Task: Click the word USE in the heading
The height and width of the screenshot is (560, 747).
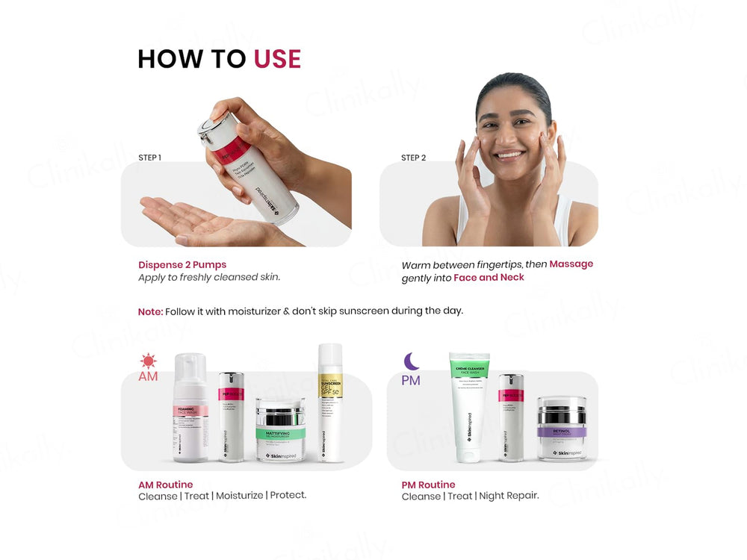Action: point(277,59)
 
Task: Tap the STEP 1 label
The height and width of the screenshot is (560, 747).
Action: point(149,158)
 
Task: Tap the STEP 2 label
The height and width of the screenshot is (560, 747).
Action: point(413,158)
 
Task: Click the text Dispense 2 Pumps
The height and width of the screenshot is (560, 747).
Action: point(182,265)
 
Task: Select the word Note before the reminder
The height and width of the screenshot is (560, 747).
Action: point(149,311)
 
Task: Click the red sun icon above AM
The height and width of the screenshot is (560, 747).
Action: point(148,361)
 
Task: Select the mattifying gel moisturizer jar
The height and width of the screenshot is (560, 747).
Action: point(280,429)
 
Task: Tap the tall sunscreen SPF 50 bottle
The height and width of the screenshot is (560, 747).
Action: point(329,403)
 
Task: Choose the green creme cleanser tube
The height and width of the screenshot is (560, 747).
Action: point(469,407)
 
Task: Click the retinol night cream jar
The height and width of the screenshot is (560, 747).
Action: point(561,429)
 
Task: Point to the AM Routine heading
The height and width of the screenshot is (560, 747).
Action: point(165,485)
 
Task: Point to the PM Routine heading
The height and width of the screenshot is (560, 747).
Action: point(428,485)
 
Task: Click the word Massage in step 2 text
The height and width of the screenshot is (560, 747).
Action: point(571,264)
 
